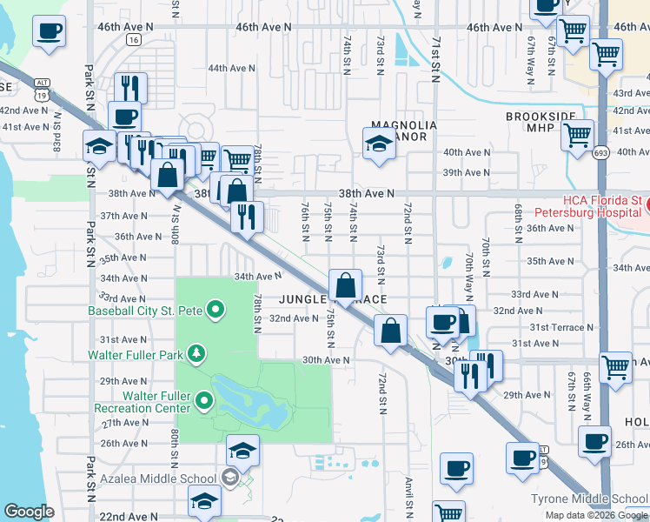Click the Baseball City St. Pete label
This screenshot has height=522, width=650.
click(x=145, y=310)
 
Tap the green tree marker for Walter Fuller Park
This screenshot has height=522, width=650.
click(x=198, y=353)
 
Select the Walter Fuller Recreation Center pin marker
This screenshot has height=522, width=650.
click(x=204, y=400)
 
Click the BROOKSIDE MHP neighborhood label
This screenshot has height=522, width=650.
click(x=540, y=121)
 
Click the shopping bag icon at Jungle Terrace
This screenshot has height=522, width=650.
click(x=346, y=284)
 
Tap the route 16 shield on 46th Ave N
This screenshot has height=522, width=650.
click(x=132, y=40)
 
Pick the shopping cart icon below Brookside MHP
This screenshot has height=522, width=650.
click(x=576, y=136)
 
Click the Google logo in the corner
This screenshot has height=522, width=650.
click(x=30, y=512)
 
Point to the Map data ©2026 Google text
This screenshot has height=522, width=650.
click(x=596, y=515)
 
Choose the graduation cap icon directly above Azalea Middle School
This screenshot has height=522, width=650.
click(x=242, y=450)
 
